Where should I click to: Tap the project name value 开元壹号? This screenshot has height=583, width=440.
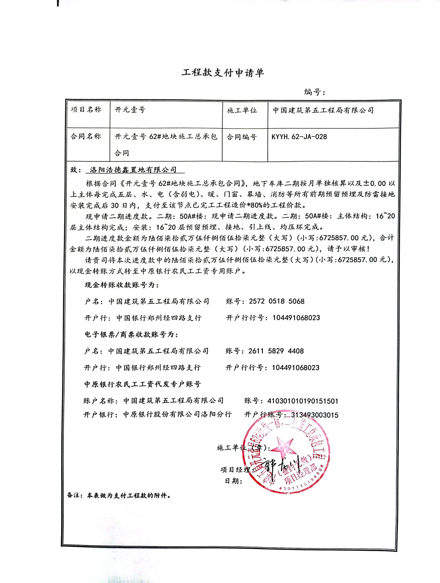(130, 110)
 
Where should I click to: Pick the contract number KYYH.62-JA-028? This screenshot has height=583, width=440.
(299, 137)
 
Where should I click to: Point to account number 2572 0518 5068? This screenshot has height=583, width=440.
(277, 301)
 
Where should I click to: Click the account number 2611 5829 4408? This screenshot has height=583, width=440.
(276, 351)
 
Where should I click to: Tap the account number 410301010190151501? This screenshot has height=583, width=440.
(303, 401)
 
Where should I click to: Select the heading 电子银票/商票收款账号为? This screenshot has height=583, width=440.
(131, 335)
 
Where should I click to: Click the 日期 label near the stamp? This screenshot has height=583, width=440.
(234, 481)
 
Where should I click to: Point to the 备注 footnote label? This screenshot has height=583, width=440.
(74, 495)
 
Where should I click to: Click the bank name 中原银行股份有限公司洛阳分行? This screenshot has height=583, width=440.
(177, 415)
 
